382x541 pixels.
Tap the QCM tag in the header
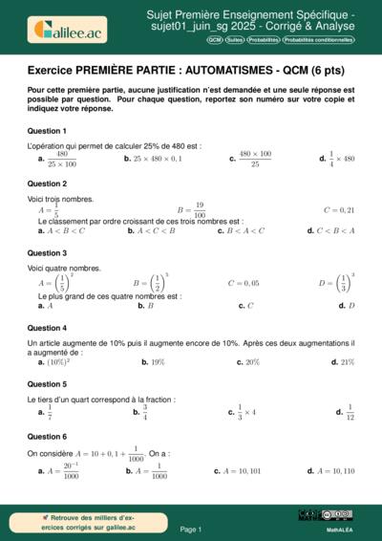215,42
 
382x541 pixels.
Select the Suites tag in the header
235,42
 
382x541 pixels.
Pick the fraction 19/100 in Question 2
199,209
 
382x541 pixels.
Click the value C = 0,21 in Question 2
339,209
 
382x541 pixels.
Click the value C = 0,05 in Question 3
244,283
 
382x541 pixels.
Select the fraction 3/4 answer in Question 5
144,412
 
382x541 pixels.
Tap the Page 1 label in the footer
190,529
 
